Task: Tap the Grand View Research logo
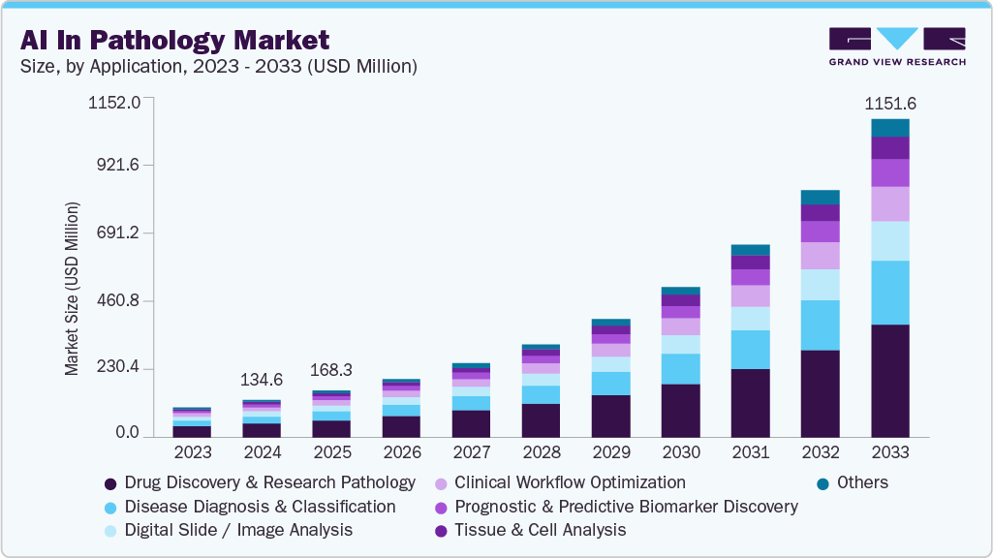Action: point(896,46)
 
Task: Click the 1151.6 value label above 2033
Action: point(889,104)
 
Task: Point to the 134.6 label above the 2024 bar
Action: point(262,379)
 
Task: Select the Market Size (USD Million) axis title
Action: point(72,289)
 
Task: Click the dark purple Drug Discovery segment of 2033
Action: point(889,380)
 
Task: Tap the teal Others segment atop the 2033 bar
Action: point(889,128)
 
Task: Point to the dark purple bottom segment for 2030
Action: point(680,410)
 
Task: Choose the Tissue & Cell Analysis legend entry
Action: point(540,530)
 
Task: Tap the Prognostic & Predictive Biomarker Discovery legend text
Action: point(626,507)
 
